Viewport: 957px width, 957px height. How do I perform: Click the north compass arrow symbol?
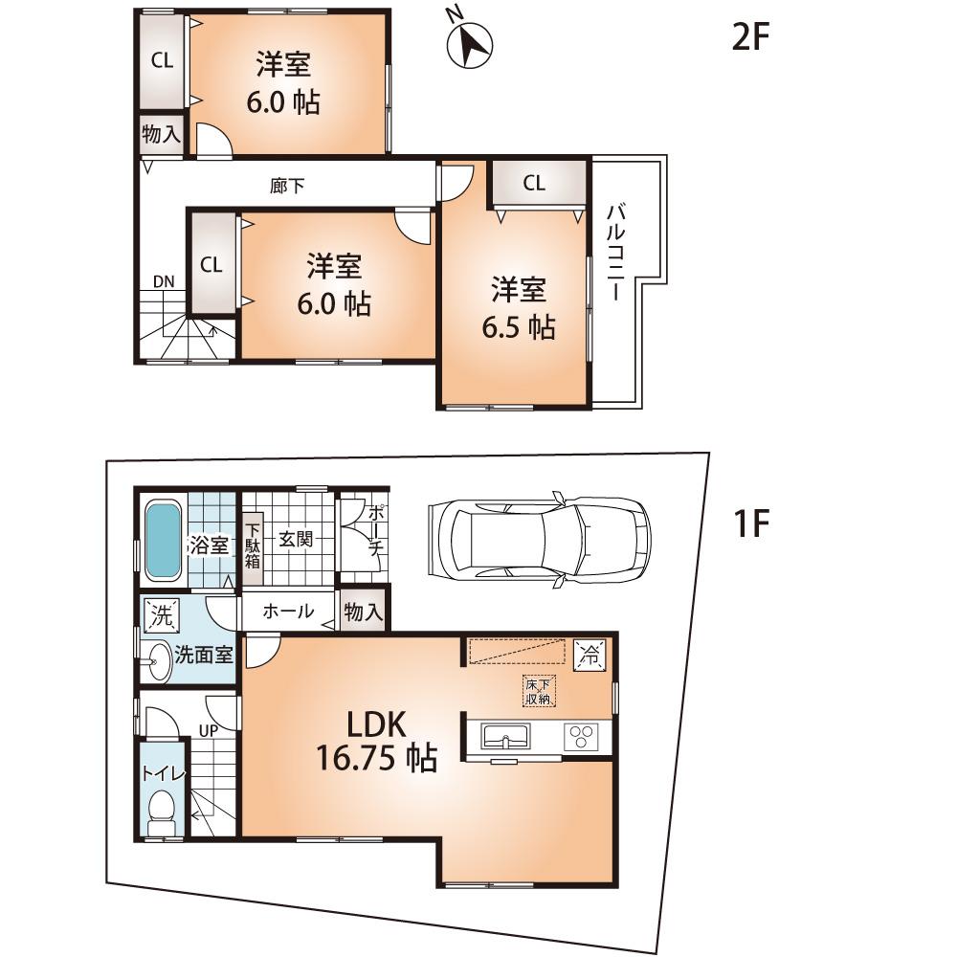click(x=469, y=44)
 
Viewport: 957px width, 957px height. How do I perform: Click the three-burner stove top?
click(x=581, y=738)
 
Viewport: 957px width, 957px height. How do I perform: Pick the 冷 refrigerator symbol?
click(x=590, y=656)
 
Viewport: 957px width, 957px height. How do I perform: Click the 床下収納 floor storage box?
click(x=537, y=691)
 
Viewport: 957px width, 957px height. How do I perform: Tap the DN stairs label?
click(x=163, y=281)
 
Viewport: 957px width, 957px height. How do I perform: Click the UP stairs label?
click(x=207, y=730)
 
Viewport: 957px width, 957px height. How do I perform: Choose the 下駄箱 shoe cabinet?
click(x=253, y=545)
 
